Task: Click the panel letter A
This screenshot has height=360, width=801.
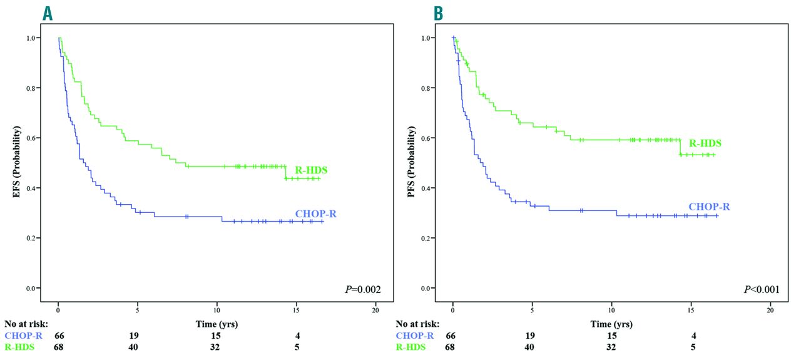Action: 48,13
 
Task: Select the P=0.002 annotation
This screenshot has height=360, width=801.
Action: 363,289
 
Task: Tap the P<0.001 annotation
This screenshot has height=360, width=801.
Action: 757,289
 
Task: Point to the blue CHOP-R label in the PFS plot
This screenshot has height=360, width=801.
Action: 709,207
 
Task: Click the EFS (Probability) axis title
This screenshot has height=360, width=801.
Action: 18,162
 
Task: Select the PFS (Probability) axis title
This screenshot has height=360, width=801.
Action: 412,162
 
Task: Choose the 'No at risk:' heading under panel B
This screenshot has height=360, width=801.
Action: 417,324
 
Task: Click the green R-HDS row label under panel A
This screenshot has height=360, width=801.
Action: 19,347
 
